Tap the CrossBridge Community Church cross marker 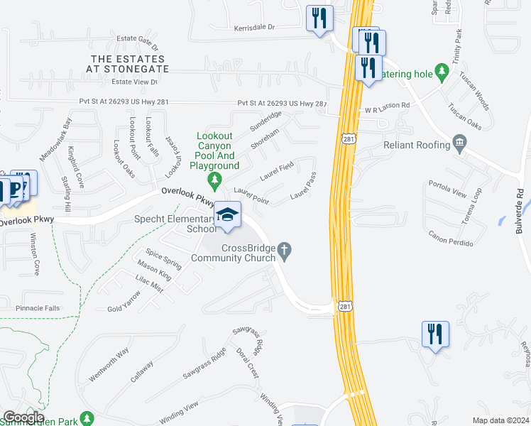(x=285, y=250)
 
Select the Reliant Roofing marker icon (x=460, y=145)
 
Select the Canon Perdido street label (x=451, y=238)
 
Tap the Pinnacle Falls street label (x=38, y=308)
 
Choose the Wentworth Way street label (x=109, y=362)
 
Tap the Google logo (x=23, y=417)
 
